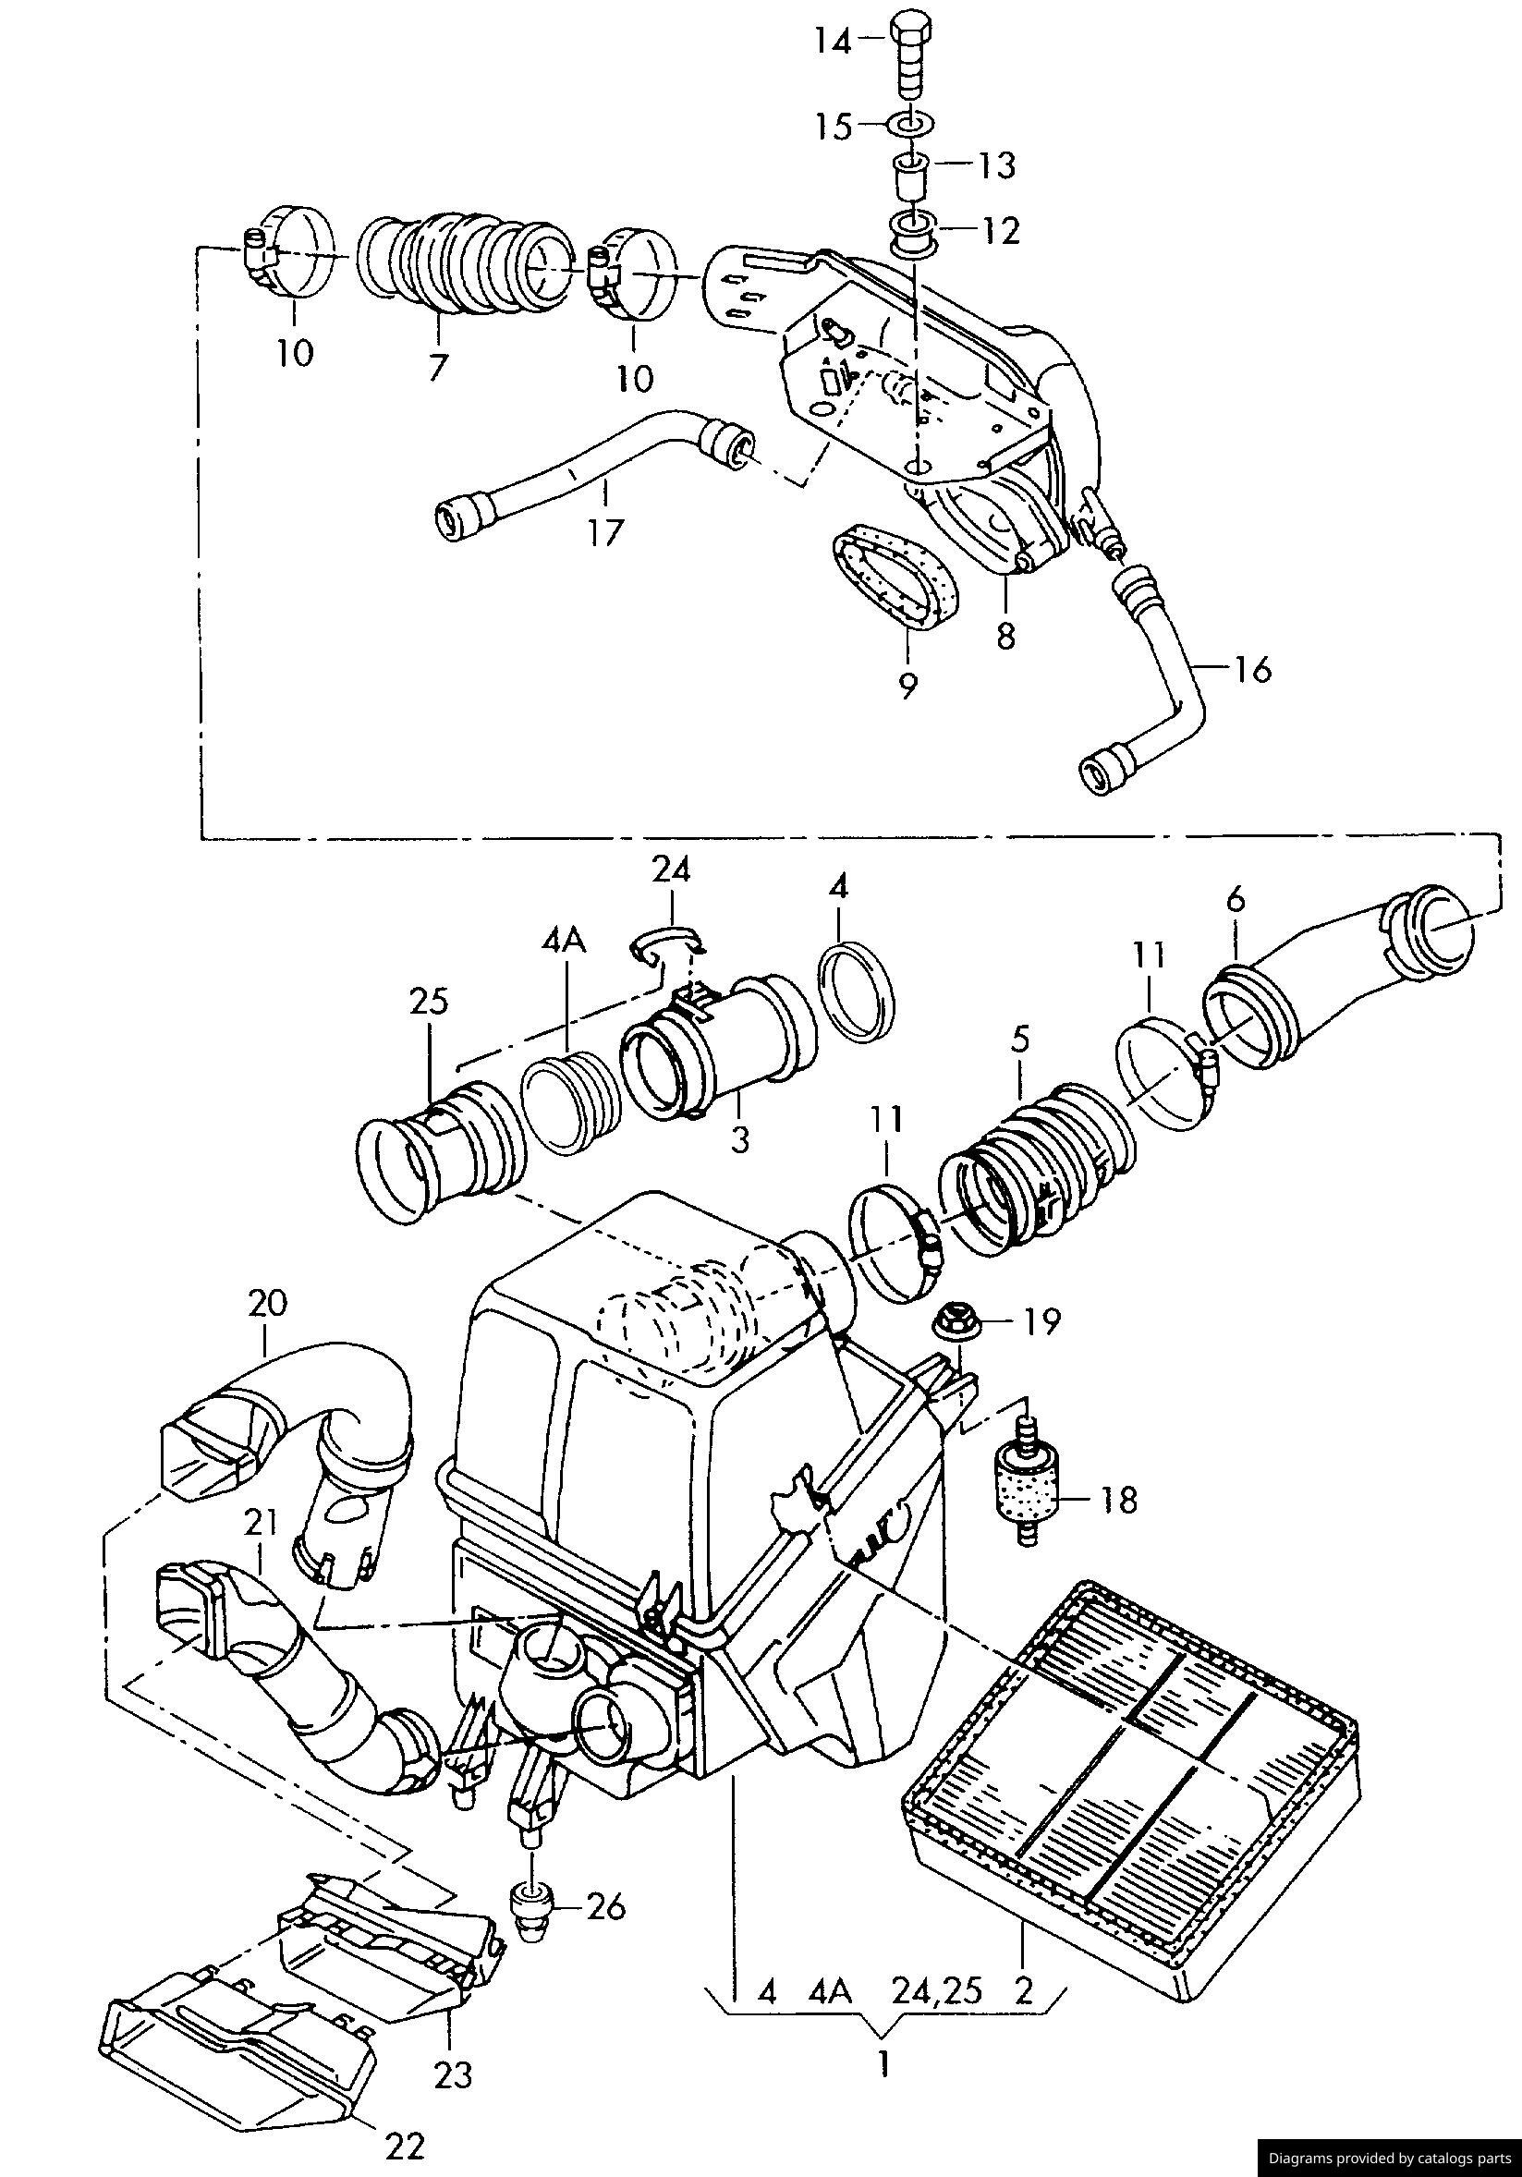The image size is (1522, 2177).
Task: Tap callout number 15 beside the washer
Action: click(834, 126)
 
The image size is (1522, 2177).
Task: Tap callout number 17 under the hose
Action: click(604, 533)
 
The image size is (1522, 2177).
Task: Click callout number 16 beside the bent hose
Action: click(1251, 670)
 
